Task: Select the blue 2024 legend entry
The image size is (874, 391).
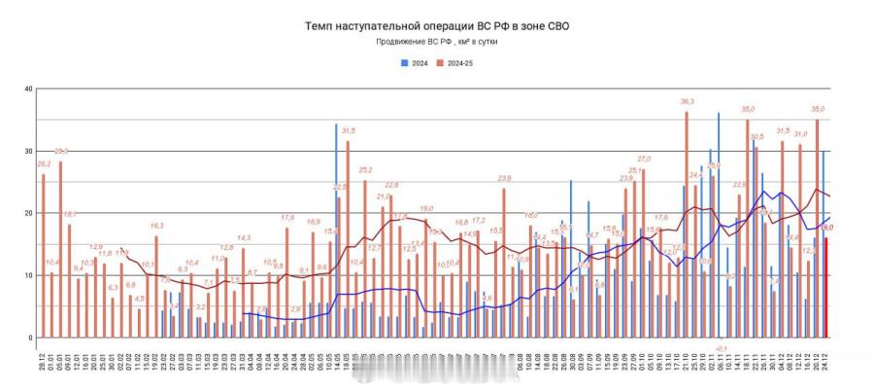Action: (x=415, y=63)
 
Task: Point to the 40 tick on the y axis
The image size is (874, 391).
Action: (x=29, y=89)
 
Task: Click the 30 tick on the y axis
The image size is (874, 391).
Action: (x=29, y=151)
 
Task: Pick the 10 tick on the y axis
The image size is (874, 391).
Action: (x=29, y=275)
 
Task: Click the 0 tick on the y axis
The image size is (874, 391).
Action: (x=31, y=338)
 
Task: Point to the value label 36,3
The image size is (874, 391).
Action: (x=688, y=101)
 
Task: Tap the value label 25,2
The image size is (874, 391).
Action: (x=365, y=169)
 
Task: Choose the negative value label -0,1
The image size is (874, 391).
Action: (x=721, y=347)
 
